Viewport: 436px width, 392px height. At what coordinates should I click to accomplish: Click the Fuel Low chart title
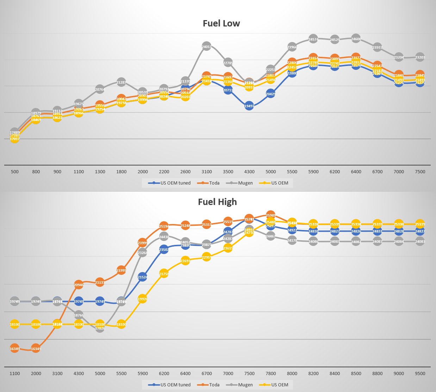click(x=221, y=23)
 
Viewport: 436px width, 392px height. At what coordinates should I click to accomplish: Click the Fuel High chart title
click(x=217, y=202)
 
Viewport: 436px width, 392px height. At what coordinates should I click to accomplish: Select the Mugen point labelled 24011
click(x=207, y=46)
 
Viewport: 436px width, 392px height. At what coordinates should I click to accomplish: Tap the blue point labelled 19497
click(x=249, y=105)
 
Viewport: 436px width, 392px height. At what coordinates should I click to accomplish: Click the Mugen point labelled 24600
click(x=356, y=39)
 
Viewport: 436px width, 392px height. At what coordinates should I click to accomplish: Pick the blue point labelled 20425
click(x=270, y=94)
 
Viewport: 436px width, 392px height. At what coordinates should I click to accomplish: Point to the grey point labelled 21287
click(x=121, y=82)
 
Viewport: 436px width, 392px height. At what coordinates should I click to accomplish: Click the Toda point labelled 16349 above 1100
click(x=14, y=349)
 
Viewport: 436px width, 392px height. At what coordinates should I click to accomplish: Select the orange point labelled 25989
click(x=270, y=215)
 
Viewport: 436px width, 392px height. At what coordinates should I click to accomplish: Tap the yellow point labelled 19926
click(x=142, y=299)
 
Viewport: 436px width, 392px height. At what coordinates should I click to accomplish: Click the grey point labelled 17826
click(x=100, y=328)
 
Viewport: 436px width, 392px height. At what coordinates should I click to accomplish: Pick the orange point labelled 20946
click(x=79, y=285)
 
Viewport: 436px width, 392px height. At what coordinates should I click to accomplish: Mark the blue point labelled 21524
click(x=142, y=277)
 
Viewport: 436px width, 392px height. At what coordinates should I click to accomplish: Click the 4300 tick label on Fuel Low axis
click(x=249, y=172)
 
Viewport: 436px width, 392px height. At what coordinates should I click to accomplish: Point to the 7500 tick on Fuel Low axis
click(x=420, y=172)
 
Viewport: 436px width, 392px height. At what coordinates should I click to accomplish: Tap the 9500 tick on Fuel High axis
click(x=420, y=373)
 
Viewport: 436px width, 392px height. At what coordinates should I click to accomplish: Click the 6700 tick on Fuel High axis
click(x=207, y=373)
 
